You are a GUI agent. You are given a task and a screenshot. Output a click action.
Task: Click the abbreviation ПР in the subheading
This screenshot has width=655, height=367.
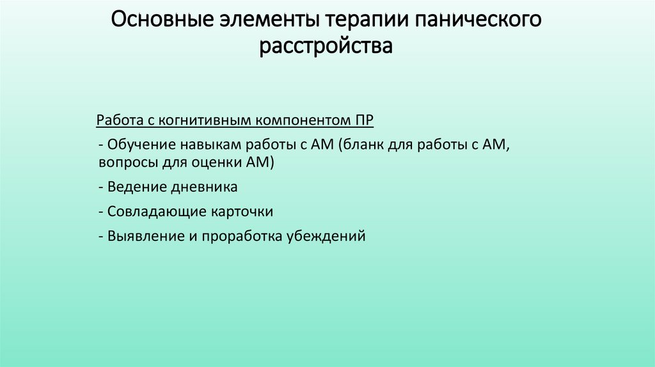pyautogui.click(x=365, y=121)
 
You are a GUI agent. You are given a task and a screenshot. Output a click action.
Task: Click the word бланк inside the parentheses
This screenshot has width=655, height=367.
pyautogui.click(x=363, y=144)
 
